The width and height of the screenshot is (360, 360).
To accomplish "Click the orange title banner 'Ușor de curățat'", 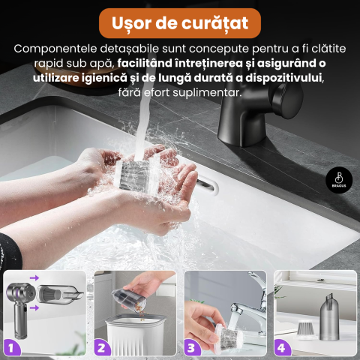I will click(180, 22).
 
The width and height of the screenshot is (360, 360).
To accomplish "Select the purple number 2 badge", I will click(103, 346).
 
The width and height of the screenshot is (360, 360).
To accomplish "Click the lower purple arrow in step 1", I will click(35, 305).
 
